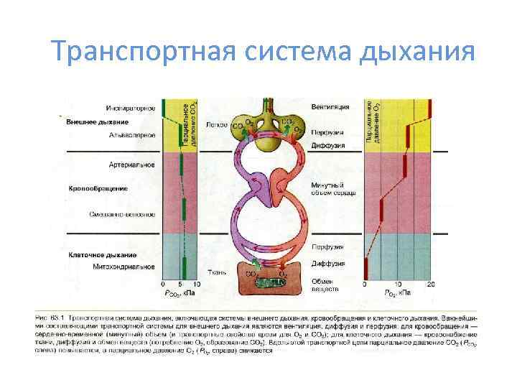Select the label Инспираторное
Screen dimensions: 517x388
click(131, 108)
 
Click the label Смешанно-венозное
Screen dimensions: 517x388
click(122, 214)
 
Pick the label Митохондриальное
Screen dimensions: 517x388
click(124, 267)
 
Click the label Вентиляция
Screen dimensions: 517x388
click(330, 107)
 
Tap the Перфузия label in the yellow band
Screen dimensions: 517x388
click(327, 133)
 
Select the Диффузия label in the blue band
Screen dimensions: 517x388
click(327, 263)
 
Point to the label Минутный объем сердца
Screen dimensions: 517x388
click(331, 191)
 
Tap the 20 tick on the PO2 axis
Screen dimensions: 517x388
click(431, 285)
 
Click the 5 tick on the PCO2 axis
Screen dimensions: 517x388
click(181, 285)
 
